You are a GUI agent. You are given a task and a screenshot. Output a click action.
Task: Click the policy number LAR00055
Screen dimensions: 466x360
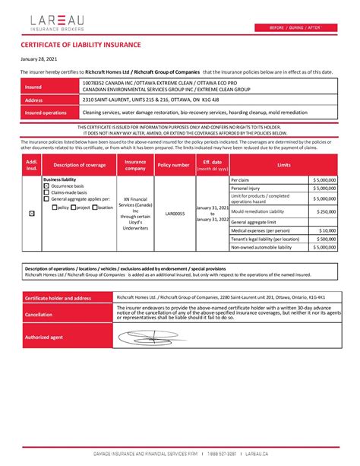[175, 214]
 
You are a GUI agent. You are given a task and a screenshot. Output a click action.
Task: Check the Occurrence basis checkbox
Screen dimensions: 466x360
[46, 185]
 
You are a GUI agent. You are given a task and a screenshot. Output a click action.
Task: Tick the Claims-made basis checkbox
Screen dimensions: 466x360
[46, 192]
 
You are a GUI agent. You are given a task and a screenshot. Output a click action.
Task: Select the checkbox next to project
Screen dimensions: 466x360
[74, 207]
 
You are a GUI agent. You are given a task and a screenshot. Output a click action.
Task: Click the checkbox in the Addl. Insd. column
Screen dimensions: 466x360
[31, 214]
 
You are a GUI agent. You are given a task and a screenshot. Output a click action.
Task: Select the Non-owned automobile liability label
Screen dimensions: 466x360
[263, 247]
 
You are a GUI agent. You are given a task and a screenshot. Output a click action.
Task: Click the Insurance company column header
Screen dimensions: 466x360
[135, 165]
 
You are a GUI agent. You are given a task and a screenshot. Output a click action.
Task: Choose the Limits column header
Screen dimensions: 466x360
[283, 165]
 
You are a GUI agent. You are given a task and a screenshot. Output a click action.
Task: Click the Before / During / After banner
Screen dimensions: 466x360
[295, 28]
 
